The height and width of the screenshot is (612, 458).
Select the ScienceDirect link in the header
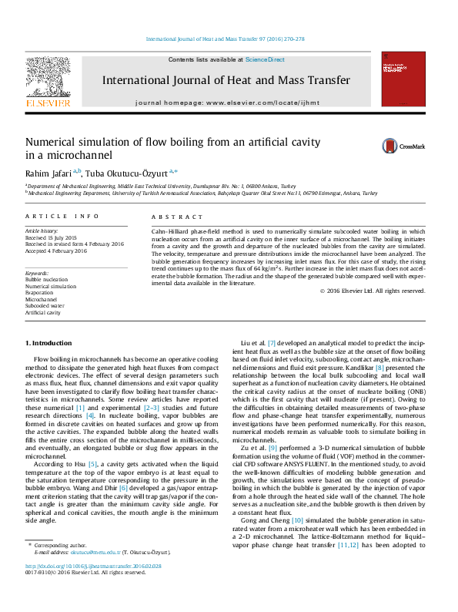pos(265,59)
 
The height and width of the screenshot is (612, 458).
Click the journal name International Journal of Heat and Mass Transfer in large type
pos(226,80)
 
